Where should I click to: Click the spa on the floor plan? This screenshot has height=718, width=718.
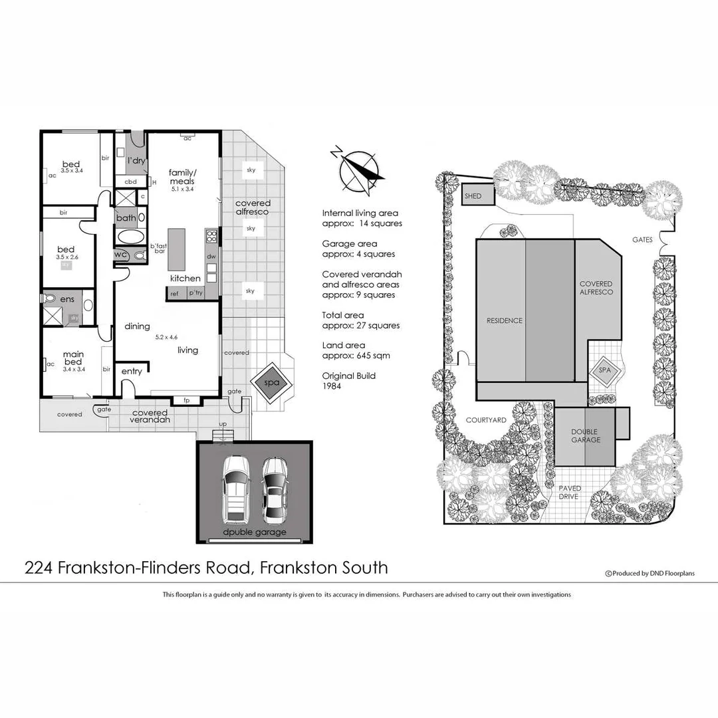271,384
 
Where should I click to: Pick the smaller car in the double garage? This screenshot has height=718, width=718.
273,489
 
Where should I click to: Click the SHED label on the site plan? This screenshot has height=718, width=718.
473,196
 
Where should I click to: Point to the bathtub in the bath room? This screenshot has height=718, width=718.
129,237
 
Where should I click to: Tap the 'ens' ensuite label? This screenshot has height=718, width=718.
67,300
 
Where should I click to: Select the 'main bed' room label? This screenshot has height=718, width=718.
73,358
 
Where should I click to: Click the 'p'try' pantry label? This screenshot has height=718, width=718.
195,293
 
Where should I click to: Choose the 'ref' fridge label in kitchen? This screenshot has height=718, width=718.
174,293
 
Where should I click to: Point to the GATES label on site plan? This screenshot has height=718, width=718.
643,239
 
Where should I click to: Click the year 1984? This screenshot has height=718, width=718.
332,386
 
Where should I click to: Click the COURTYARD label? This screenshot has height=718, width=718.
486,420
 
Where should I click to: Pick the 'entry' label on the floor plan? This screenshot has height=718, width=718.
132,371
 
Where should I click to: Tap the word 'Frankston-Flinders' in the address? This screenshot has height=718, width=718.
156,567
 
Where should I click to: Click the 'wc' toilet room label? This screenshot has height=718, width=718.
121,255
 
